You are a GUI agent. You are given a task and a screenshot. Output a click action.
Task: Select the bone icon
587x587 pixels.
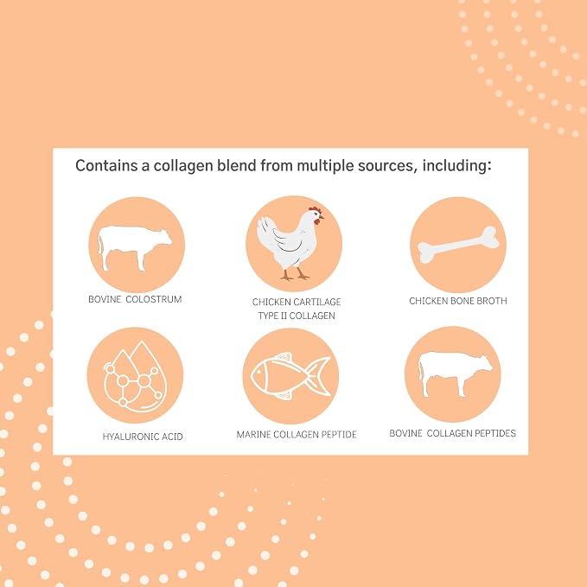(x=458, y=245)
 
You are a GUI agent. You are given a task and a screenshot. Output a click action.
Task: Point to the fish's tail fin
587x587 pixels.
(x=318, y=376)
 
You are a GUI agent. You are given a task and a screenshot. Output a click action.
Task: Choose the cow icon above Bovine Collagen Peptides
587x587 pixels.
(x=456, y=374)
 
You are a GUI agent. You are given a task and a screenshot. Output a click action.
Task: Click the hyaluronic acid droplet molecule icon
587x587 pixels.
(x=135, y=376)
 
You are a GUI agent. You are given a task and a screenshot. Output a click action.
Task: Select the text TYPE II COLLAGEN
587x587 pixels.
(x=297, y=316)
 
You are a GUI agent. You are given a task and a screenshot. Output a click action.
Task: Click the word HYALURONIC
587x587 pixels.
(x=126, y=437)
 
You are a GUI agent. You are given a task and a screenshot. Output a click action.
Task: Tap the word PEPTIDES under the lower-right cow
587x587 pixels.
(x=494, y=433)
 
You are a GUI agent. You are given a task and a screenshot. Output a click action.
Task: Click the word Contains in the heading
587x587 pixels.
(x=106, y=165)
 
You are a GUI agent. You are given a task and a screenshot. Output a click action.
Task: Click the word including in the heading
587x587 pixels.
(x=456, y=167)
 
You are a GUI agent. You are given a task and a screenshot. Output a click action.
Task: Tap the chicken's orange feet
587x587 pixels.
(x=295, y=275)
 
